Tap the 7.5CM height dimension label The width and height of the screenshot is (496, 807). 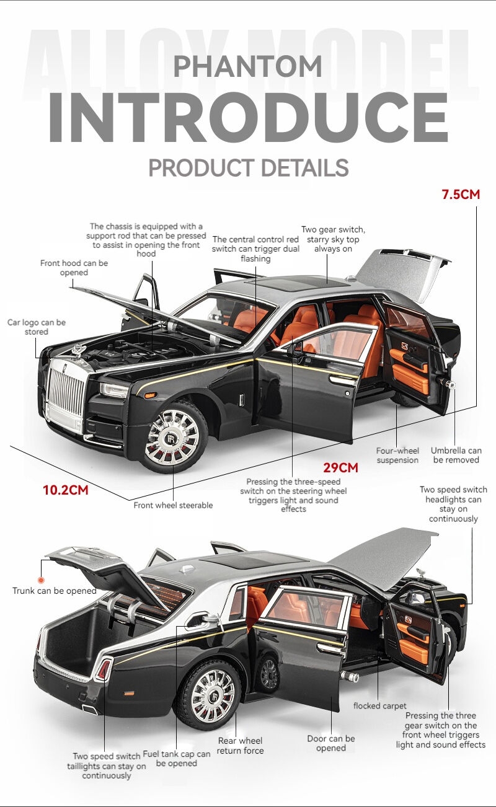click(x=461, y=195)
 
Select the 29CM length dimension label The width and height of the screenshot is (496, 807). click(x=340, y=467)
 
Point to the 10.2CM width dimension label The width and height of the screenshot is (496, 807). click(x=66, y=490)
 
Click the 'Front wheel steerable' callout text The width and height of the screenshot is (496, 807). click(x=173, y=505)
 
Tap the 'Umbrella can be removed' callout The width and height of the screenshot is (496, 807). click(x=456, y=455)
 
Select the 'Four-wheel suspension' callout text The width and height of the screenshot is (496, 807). click(x=397, y=456)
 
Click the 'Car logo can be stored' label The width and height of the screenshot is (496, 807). click(x=37, y=327)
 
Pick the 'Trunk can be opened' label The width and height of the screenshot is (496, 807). click(x=55, y=591)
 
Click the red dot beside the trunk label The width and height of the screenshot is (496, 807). click(x=41, y=580)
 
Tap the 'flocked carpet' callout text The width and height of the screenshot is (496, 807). click(x=379, y=706)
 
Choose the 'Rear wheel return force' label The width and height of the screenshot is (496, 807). click(x=240, y=746)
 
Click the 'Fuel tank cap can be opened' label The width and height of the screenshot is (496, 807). click(x=177, y=759)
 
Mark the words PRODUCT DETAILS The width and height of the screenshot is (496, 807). click(x=249, y=167)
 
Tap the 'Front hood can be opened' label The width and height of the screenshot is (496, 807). click(x=74, y=268)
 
